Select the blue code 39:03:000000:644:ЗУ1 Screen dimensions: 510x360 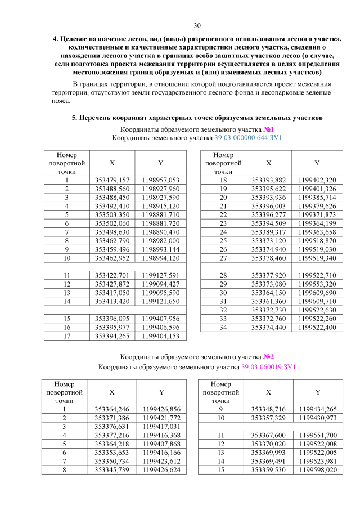point(248,137)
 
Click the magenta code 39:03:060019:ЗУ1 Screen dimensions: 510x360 point(268,367)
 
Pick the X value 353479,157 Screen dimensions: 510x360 point(112,179)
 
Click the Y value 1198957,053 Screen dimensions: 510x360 point(160,179)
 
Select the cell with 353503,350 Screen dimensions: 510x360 point(112,215)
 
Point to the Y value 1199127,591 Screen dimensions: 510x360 point(160,275)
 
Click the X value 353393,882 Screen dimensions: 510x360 point(269,179)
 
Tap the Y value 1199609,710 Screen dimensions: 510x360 point(317,302)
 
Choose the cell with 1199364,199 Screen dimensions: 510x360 point(317,224)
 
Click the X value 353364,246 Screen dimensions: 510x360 point(112,409)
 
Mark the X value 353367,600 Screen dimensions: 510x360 point(269,435)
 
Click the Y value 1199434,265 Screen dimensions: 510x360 point(318,409)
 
